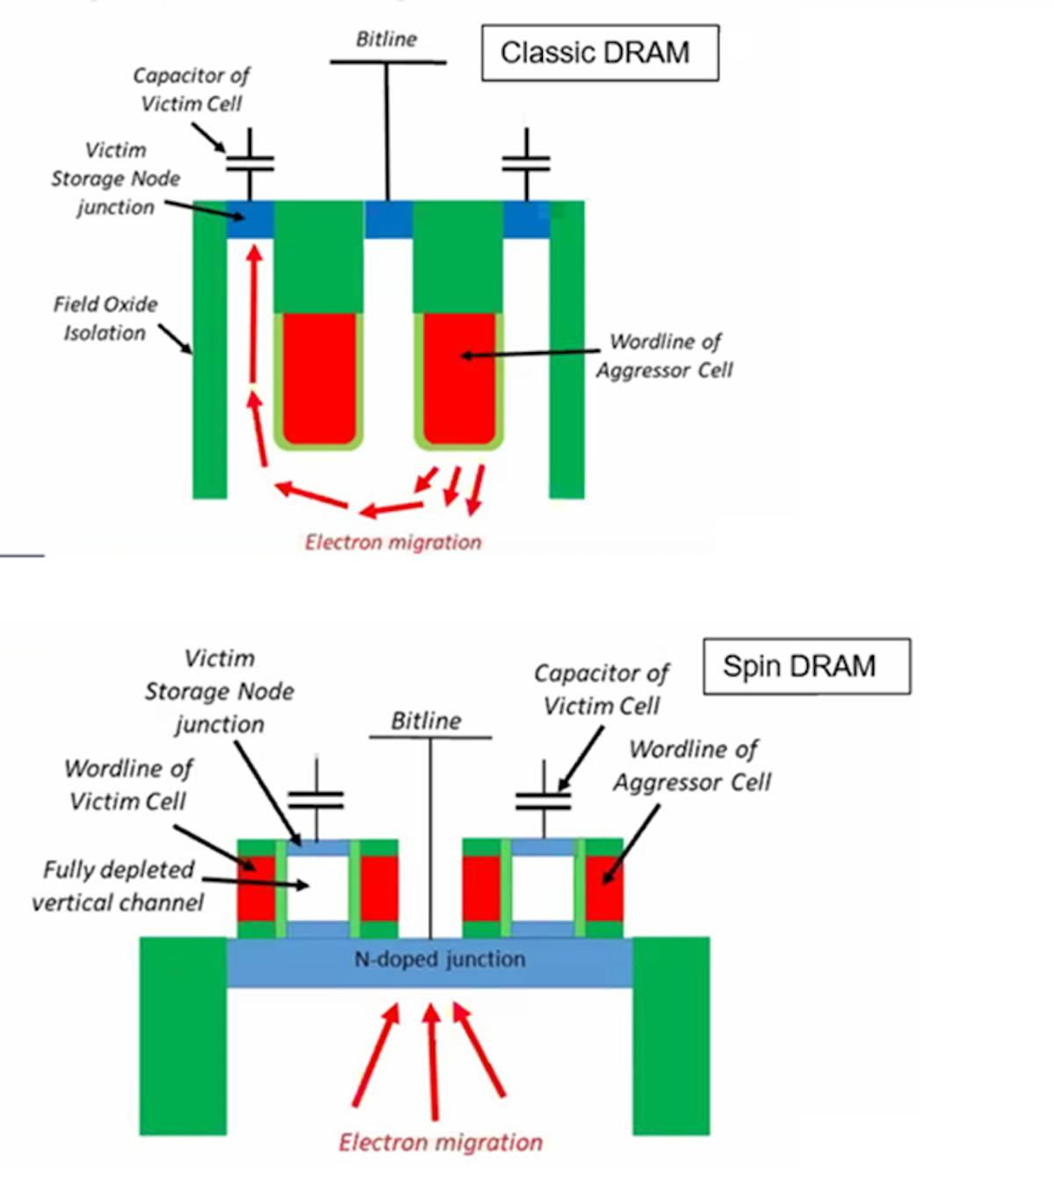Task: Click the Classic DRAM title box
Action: tap(599, 54)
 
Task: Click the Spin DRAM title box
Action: tap(805, 666)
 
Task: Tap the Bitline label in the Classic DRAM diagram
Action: tap(386, 39)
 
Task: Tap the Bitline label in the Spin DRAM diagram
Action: tap(426, 721)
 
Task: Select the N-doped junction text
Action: tap(439, 959)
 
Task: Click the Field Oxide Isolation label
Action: tap(105, 319)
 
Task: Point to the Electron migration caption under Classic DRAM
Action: tap(393, 542)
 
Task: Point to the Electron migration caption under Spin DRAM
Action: tap(440, 1142)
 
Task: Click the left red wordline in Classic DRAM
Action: tap(319, 377)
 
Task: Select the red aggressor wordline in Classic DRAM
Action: tap(458, 377)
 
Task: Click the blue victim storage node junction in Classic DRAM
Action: tap(249, 219)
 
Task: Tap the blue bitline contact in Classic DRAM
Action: tap(387, 219)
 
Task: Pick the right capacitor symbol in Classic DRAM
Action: tap(526, 163)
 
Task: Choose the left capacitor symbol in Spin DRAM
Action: tap(316, 799)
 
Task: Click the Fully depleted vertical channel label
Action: tap(118, 886)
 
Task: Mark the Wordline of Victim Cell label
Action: tap(128, 785)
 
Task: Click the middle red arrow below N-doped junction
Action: tap(432, 1062)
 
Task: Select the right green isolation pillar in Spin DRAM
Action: tap(670, 1036)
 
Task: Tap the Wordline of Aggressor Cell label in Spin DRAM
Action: tap(693, 765)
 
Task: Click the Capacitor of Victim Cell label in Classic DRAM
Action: tap(191, 90)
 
